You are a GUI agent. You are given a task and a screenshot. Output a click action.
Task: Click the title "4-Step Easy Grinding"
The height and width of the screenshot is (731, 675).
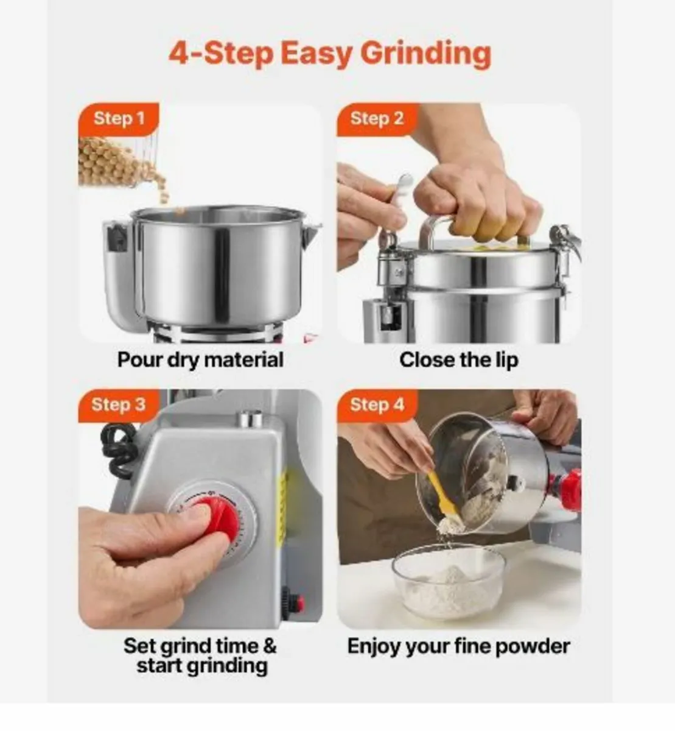[x=329, y=54]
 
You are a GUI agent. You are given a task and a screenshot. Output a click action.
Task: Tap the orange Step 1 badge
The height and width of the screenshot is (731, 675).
[x=119, y=118]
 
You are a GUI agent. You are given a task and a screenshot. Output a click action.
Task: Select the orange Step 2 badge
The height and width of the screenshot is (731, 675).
[x=376, y=118]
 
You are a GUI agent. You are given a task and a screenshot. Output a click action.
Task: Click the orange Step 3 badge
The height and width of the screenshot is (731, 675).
[x=118, y=404]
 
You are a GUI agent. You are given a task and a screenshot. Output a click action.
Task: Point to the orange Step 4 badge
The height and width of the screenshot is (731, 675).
[x=377, y=404]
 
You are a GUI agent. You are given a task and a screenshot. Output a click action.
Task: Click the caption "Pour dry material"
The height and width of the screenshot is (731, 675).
[x=200, y=359]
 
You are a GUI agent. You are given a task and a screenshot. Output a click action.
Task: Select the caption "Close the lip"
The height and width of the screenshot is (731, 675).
[x=458, y=359]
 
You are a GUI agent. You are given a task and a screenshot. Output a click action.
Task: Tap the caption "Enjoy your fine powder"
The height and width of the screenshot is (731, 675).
[x=458, y=646]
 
